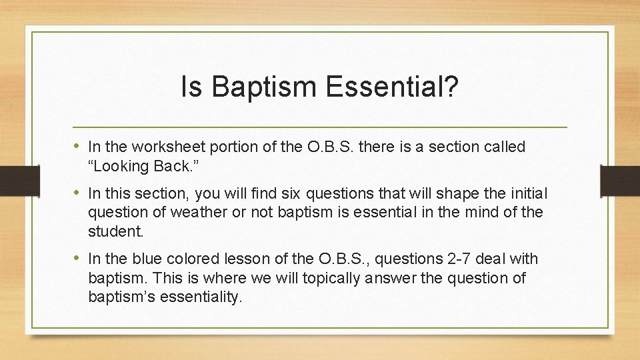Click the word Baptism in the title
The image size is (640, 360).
(264, 86)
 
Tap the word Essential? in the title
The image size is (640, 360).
(392, 86)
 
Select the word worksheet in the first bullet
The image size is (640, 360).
(168, 146)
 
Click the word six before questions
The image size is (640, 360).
(291, 193)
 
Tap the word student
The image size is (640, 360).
(116, 231)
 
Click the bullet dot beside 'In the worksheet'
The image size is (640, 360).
(77, 145)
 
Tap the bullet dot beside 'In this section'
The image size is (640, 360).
(77, 192)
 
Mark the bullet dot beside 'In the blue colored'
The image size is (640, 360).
(77, 257)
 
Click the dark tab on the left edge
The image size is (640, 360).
(20, 181)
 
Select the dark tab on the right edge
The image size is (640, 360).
(620, 181)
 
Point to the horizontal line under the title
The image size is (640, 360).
(320, 127)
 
